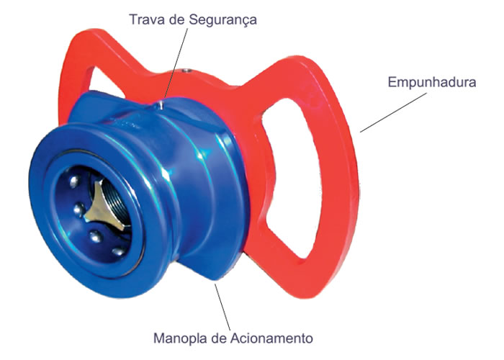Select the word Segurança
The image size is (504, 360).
(x=222, y=20)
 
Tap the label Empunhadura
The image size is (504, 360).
(x=432, y=83)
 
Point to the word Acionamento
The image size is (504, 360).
(x=272, y=338)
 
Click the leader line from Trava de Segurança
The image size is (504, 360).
(x=176, y=63)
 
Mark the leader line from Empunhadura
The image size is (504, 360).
(x=393, y=112)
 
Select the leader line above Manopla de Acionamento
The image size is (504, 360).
(x=222, y=307)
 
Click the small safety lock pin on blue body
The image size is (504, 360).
(x=161, y=104)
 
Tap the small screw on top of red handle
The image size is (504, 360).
(x=186, y=70)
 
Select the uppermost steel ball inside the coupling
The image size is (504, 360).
(x=74, y=181)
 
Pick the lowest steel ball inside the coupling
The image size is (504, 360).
(x=118, y=251)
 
